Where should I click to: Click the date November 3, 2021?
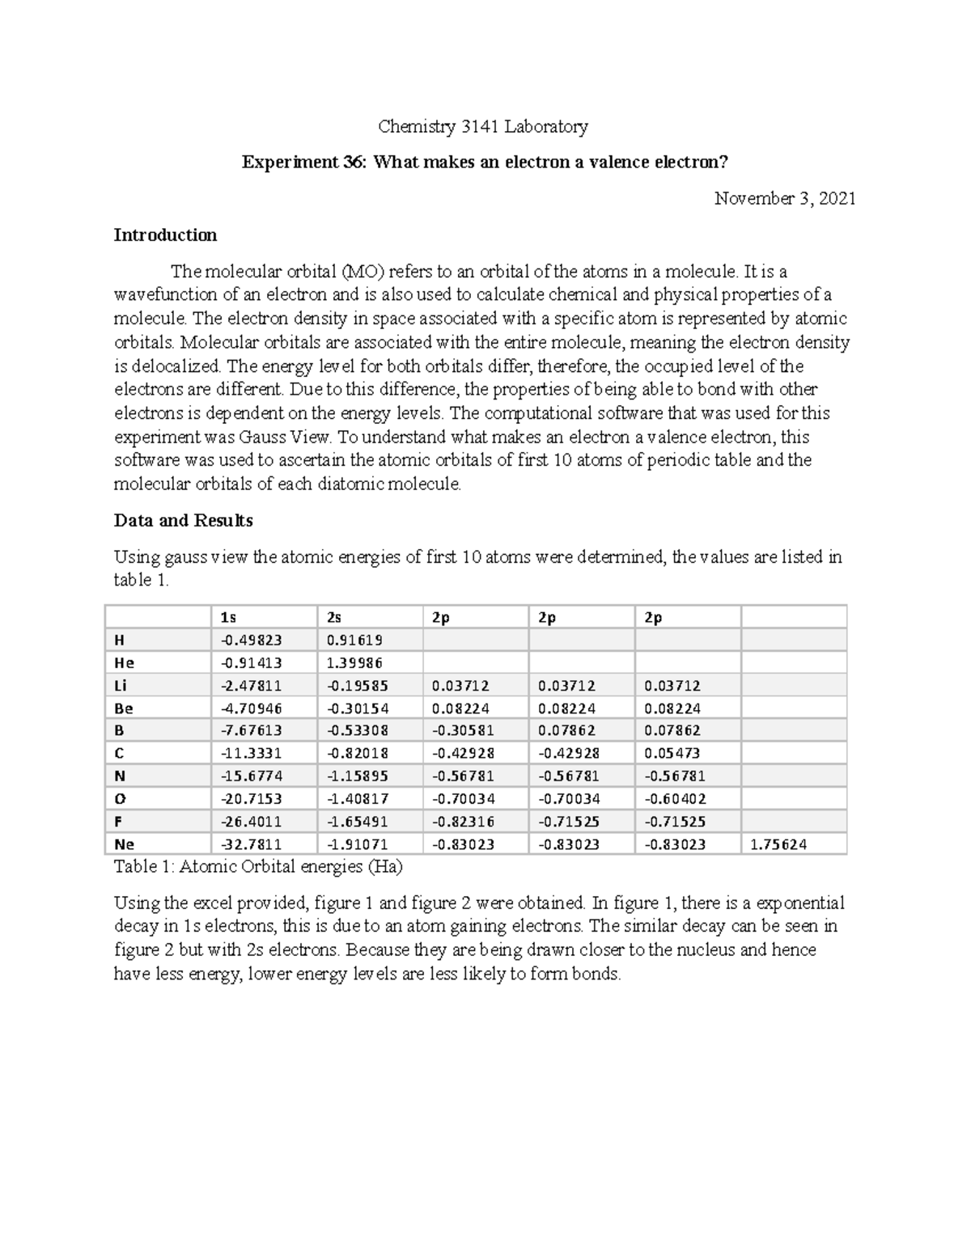click(x=784, y=199)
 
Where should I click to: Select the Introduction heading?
click(x=165, y=235)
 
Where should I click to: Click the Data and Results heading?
click(x=183, y=520)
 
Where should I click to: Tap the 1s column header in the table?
click(x=228, y=617)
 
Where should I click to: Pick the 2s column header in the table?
click(x=334, y=617)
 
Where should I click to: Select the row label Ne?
click(x=124, y=844)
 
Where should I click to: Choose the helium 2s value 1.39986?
click(x=354, y=662)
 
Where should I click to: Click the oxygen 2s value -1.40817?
click(x=358, y=799)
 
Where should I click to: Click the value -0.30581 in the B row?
click(x=463, y=730)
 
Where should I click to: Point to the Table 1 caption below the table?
click(x=258, y=867)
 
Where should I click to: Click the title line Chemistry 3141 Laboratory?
click(x=483, y=126)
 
